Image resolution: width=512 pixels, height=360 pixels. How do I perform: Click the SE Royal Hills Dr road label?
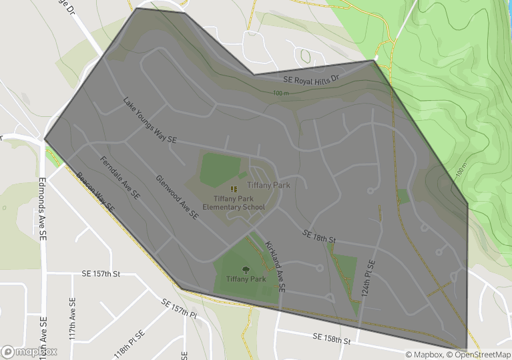coord(312,79)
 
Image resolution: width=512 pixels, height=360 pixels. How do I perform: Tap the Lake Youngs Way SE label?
coord(150,120)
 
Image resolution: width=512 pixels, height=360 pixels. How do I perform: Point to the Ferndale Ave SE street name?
coord(119,178)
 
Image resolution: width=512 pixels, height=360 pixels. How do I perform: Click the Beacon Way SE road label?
coord(95,192)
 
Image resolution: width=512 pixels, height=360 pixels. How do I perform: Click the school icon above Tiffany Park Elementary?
coord(233,189)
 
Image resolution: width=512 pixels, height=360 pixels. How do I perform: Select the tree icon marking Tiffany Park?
coord(246,270)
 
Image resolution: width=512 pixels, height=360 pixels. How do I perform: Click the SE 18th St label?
coord(318,236)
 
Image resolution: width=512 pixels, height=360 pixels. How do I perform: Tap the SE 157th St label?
coord(101,274)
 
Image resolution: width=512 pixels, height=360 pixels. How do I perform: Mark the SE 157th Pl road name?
coord(180,308)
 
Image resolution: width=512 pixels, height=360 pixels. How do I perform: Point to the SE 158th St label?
coord(332,339)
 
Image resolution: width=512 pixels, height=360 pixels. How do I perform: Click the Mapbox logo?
coord(29,351)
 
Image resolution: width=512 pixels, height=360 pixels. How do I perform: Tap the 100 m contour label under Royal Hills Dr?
coord(281,93)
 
